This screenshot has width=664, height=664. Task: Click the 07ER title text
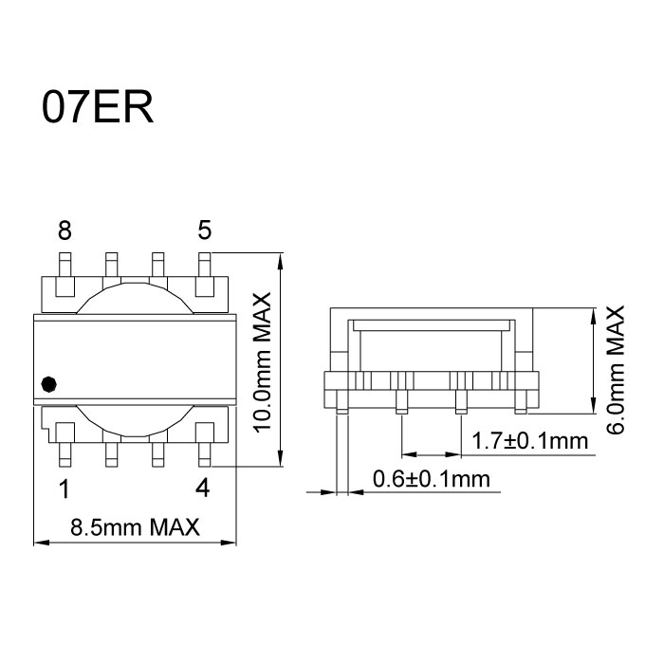[97, 107]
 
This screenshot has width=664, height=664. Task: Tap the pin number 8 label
[65, 230]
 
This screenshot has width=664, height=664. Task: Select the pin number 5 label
[205, 230]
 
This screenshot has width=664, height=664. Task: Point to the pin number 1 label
[65, 490]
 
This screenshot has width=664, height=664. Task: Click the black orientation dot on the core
[50, 384]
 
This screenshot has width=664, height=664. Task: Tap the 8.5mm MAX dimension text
[135, 527]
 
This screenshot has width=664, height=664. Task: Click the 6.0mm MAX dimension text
[617, 369]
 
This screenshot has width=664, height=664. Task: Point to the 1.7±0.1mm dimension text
[529, 441]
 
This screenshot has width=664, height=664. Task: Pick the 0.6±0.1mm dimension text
[433, 479]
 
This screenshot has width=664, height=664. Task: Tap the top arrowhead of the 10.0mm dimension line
[281, 259]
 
